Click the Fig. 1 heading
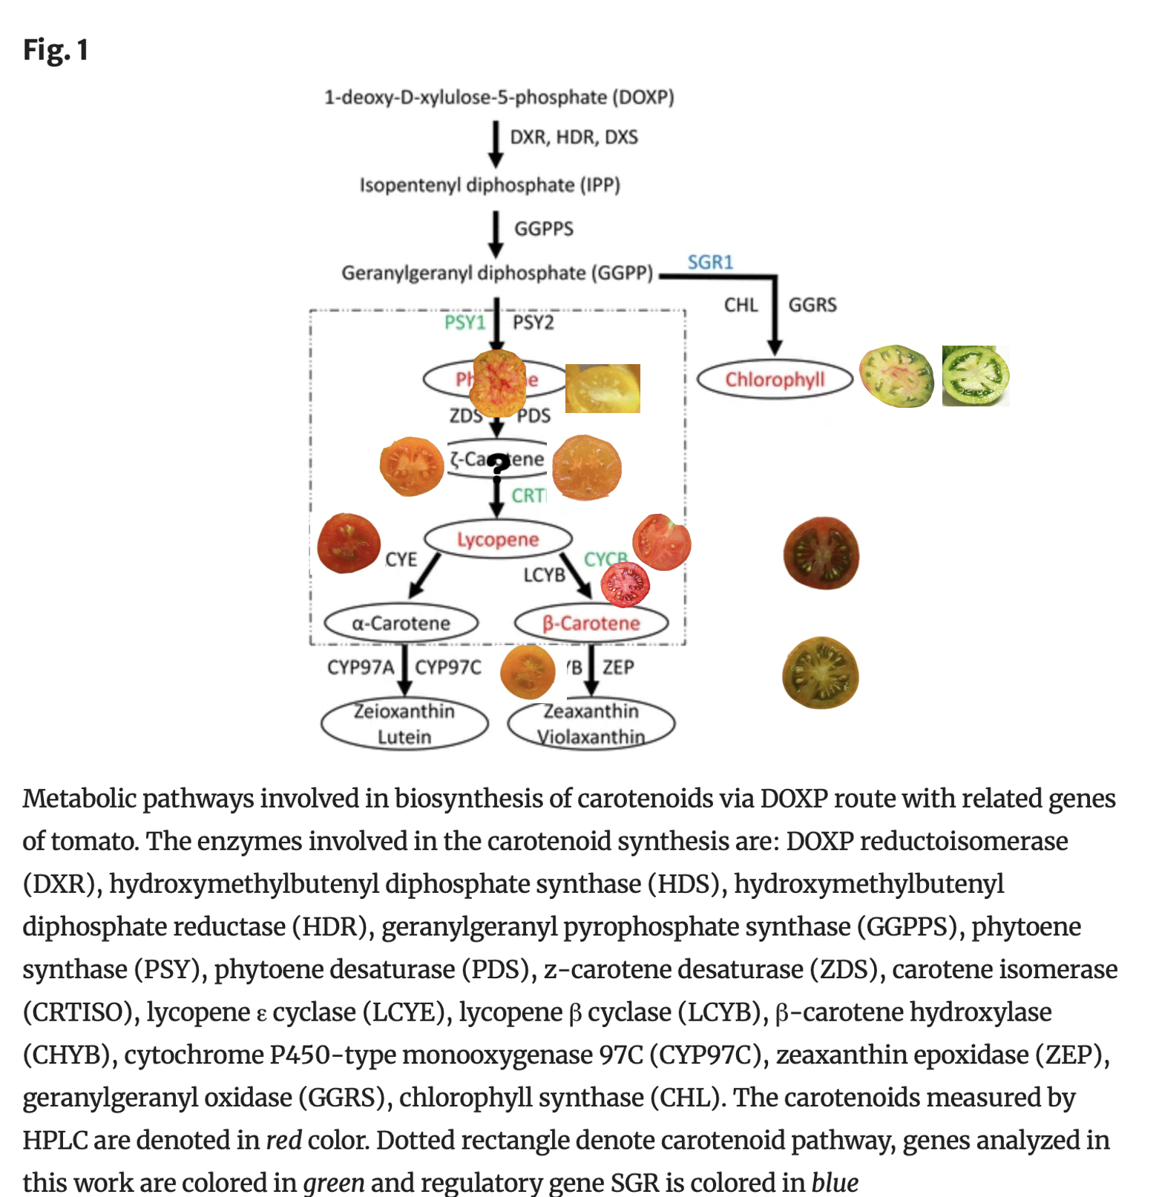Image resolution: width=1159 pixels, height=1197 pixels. point(56,50)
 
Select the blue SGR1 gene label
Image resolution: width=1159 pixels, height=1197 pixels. point(710,262)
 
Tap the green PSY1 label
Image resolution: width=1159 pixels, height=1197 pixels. point(464,323)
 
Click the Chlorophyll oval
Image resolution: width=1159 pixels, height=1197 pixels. point(775,380)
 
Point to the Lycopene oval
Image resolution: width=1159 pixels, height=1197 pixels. point(498,539)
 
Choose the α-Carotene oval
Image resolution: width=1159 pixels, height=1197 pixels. point(401,623)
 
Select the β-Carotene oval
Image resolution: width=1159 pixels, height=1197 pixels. point(591,623)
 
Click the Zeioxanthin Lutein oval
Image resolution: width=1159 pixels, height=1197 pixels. point(404,724)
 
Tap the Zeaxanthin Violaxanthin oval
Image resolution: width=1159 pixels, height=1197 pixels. point(591,724)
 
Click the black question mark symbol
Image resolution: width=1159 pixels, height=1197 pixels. point(498,464)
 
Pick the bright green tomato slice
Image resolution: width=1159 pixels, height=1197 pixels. point(975,375)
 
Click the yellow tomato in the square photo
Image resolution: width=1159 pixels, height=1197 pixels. point(603,388)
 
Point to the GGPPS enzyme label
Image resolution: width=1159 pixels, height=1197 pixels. point(544,228)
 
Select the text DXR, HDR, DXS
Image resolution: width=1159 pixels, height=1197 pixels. point(574,137)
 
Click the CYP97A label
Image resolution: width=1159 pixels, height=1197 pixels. point(361,667)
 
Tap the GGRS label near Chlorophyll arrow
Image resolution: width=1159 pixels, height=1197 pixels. point(812,305)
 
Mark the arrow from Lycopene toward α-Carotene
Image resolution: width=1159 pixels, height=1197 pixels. point(425,576)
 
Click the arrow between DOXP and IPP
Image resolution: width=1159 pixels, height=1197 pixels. point(496,145)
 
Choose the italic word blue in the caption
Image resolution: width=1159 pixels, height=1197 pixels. point(835,1182)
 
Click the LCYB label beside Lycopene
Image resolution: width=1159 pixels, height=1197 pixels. point(544,575)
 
